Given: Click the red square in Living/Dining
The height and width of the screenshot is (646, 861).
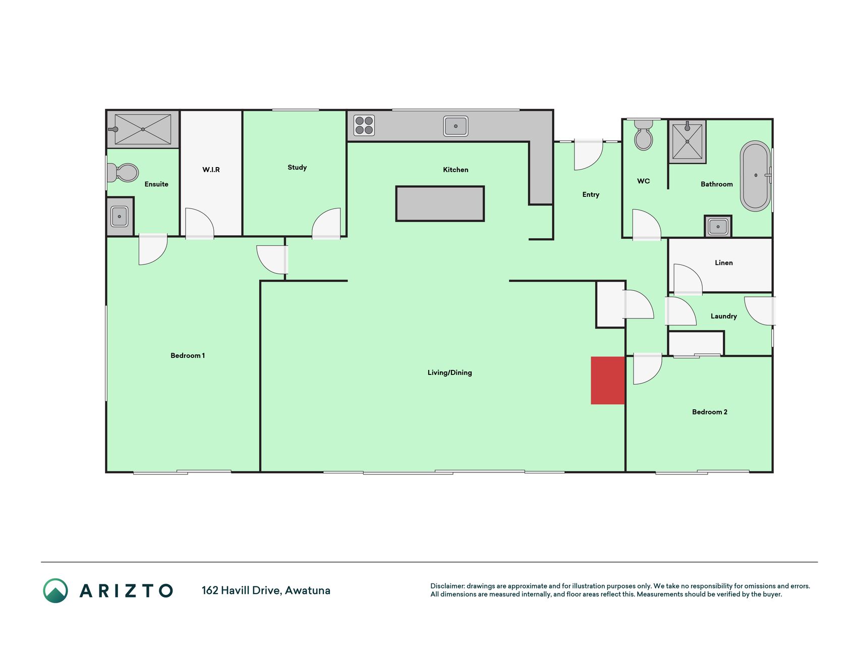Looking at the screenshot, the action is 608,381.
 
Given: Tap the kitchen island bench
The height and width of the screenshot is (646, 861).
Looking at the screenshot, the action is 440,204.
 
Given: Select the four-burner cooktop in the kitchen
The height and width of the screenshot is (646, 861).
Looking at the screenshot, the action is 364,126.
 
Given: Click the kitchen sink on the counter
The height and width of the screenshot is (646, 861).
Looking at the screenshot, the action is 455,126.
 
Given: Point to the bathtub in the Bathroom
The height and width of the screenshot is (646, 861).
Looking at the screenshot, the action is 756,176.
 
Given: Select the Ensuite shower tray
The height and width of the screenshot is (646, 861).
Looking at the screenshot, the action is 143,129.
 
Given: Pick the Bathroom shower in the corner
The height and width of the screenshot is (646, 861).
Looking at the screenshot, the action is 687,141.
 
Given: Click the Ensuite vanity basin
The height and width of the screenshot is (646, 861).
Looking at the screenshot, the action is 120,217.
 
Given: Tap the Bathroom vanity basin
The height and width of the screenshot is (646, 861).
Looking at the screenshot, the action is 718,227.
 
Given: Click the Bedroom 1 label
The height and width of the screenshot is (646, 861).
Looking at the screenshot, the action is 188,355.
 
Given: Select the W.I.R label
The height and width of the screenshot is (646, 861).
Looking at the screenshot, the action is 211,170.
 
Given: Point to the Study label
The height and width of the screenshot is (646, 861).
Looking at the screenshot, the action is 297,168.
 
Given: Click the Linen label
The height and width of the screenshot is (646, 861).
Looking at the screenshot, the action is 724,262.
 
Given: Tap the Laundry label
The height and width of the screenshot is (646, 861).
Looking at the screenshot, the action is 724,316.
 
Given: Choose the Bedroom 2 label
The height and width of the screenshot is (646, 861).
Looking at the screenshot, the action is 710,412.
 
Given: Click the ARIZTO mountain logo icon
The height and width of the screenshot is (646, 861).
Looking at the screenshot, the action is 55,590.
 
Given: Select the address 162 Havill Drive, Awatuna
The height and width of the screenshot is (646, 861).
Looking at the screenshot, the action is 266,590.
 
